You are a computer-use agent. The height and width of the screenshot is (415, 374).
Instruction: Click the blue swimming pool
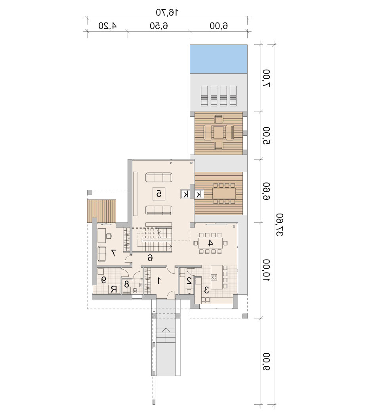point(219,59)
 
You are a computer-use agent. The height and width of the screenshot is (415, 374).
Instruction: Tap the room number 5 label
point(159,194)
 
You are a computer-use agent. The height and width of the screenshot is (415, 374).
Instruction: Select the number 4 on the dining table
point(210,243)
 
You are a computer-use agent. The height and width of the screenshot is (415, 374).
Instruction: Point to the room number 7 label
point(113,253)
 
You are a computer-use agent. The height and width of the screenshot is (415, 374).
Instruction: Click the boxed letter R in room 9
point(113,289)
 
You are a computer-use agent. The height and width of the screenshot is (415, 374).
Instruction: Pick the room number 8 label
point(127,284)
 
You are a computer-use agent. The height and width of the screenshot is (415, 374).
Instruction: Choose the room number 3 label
point(206,290)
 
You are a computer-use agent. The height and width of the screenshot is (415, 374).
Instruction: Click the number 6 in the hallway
point(150,258)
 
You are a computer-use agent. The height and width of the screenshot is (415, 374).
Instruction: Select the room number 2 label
point(189,281)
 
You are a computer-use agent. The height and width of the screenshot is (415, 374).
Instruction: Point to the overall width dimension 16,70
point(167,12)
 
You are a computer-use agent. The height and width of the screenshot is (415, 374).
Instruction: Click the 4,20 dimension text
point(107,26)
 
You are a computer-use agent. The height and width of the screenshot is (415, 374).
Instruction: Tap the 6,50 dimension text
point(159,26)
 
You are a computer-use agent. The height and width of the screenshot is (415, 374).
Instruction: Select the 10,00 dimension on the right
point(266,271)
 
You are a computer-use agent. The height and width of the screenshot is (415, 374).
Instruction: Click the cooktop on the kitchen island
point(214,277)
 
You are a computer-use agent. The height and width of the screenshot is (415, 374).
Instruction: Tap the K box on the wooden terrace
point(199,194)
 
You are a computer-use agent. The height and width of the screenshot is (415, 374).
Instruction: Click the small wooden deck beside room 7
point(101,211)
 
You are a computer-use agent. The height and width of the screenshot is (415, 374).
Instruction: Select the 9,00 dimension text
point(266,362)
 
